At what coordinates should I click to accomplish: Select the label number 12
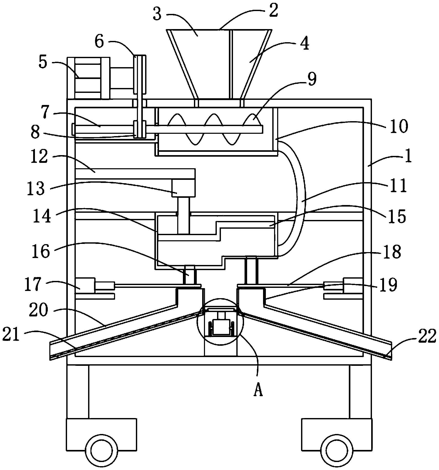[39, 157]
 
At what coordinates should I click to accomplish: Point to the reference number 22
[427, 336]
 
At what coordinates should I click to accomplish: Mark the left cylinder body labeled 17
[85, 285]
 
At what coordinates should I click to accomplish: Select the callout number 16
[41, 251]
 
